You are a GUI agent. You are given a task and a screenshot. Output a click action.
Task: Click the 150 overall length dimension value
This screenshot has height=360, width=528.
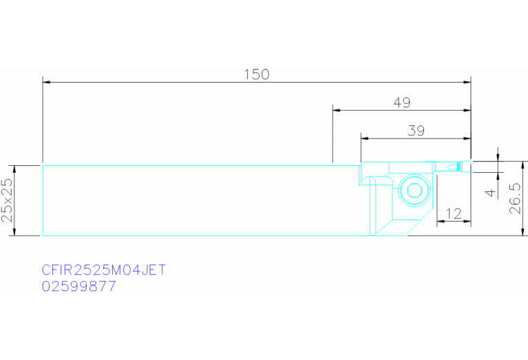click(257, 74)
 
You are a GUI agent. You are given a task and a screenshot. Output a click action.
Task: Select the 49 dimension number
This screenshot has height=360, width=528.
click(402, 103)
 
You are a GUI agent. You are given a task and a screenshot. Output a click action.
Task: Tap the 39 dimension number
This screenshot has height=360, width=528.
click(416, 131)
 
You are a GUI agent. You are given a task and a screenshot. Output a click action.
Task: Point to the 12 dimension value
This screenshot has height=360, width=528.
click(453, 214)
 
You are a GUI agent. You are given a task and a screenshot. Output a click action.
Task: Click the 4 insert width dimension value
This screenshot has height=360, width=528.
click(491, 192)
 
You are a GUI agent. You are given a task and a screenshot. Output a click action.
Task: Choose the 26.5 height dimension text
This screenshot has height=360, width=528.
click(515, 199)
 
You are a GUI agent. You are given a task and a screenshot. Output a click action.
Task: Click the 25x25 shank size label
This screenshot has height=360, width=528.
click(7, 200)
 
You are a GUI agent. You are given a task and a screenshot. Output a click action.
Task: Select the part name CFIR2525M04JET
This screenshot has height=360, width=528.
click(104, 270)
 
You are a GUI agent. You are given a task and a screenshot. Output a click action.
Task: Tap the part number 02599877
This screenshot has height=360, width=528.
click(78, 286)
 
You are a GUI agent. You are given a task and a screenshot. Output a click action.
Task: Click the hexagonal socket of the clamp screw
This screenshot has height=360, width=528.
click(414, 191)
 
